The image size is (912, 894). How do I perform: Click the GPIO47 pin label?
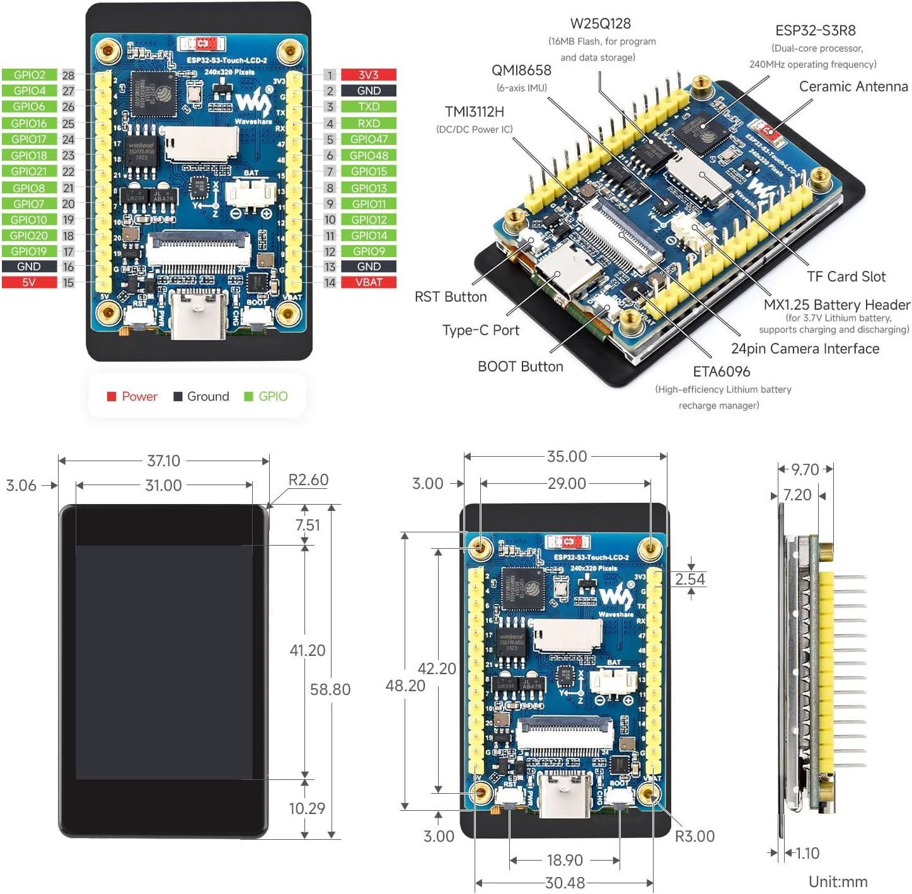[x=369, y=139]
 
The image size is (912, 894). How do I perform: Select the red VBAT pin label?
[x=369, y=282]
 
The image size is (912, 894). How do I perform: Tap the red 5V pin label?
[x=29, y=282]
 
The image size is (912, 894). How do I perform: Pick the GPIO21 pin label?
[x=29, y=171]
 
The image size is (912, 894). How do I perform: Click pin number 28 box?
[x=68, y=75]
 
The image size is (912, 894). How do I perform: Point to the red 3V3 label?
[x=369, y=75]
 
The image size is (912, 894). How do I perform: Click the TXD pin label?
[x=369, y=107]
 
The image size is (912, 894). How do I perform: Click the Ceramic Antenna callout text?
[x=853, y=86]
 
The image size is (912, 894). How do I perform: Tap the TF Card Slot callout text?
[x=846, y=277]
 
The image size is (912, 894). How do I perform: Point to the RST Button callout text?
[x=451, y=297]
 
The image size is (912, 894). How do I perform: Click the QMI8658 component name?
[x=521, y=71]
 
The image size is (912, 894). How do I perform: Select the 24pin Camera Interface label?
[x=805, y=349]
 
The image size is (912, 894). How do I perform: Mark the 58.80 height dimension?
[x=330, y=689]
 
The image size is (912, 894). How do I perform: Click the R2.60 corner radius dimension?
[x=308, y=480]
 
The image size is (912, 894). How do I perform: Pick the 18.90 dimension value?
[x=565, y=860]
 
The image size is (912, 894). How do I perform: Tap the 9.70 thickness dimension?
[x=805, y=469]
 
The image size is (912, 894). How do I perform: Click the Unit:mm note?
[x=838, y=881]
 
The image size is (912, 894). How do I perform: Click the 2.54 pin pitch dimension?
[x=690, y=579]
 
